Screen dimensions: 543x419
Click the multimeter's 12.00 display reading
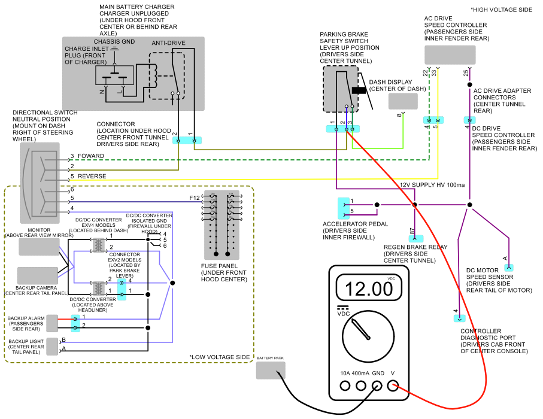pyautogui.click(x=368, y=289)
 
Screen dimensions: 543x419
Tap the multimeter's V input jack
pyautogui.click(x=393, y=385)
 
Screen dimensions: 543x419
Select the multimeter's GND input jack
pyautogui.click(x=377, y=385)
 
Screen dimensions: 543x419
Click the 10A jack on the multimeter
pyautogui.click(x=345, y=385)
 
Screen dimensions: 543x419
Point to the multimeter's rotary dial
pyautogui.click(x=368, y=336)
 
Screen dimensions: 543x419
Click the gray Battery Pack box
pyautogui.click(x=271, y=371)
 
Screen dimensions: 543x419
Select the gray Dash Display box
pyautogui.click(x=403, y=101)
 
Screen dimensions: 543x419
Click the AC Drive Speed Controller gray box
pyautogui.click(x=450, y=54)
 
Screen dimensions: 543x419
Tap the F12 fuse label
pyautogui.click(x=195, y=198)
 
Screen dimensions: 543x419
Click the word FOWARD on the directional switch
pyautogui.click(x=91, y=156)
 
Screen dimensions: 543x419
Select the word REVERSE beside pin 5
pyautogui.click(x=92, y=176)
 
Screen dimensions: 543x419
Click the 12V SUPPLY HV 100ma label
pyautogui.click(x=432, y=185)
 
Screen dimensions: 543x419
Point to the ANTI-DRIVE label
pyautogui.click(x=168, y=43)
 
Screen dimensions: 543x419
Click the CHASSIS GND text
pyautogui.click(x=114, y=41)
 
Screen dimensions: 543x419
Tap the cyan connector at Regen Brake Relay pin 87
pyautogui.click(x=416, y=239)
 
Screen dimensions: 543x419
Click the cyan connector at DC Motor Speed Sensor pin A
pyautogui.click(x=509, y=268)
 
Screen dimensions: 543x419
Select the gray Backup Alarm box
pyautogui.click(x=52, y=323)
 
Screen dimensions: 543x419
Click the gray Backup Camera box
pyautogui.click(x=38, y=275)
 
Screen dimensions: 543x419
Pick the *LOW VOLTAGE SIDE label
pyautogui.click(x=219, y=357)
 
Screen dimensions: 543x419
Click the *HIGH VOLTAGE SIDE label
pyautogui.click(x=501, y=10)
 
